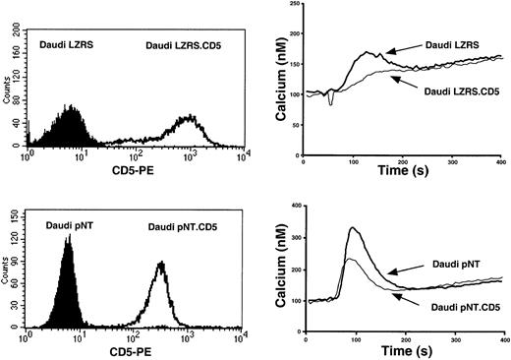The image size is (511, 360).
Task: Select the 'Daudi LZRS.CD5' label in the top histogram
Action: coord(186,45)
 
